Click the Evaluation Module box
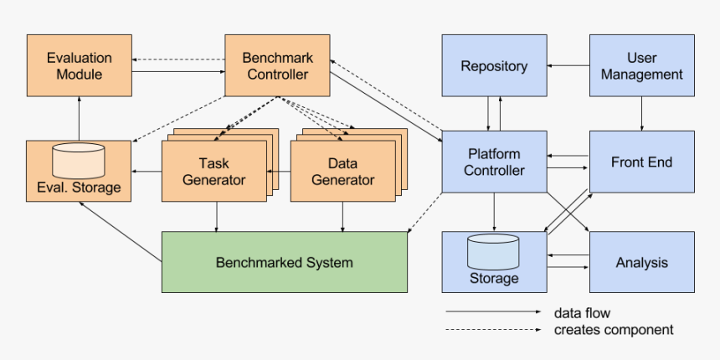tap(79, 66)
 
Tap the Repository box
tap(494, 66)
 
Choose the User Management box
tap(641, 66)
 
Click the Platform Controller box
tap(494, 162)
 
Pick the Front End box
tap(641, 162)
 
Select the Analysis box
tap(641, 262)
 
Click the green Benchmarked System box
tap(284, 262)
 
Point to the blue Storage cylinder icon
tap(493, 250)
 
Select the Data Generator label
tap(342, 172)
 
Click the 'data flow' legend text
tap(582, 313)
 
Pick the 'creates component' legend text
tap(613, 330)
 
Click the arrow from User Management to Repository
tap(568, 66)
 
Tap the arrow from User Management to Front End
tap(641, 114)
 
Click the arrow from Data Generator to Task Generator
tap(279, 172)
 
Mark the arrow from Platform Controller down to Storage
tap(494, 213)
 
